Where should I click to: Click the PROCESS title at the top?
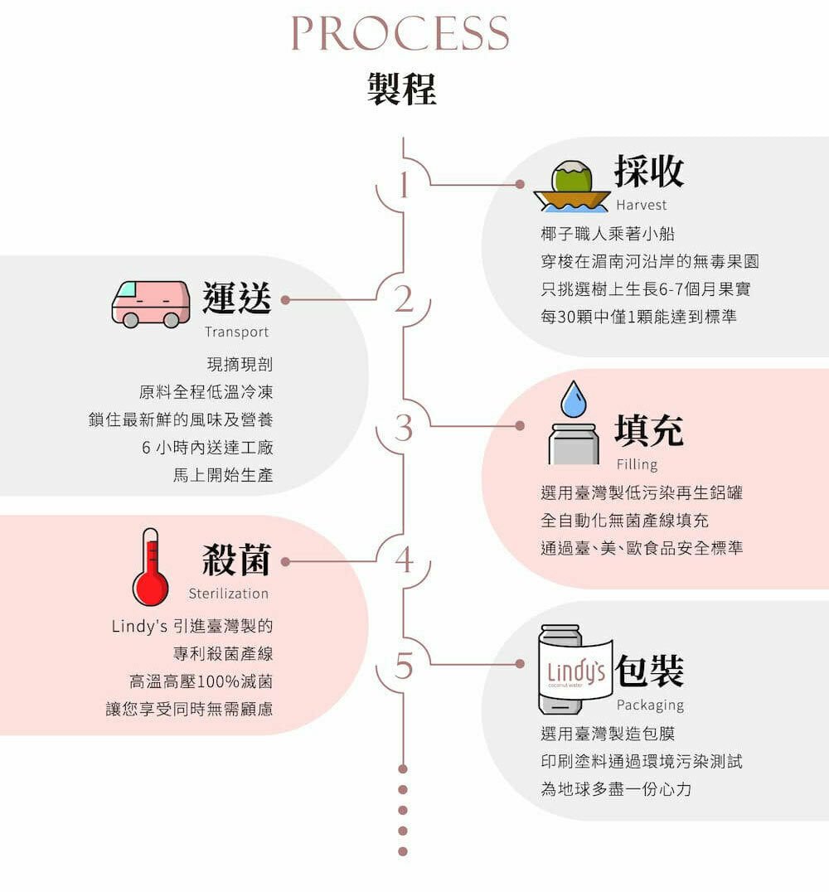click(400, 33)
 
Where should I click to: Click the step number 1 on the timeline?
click(404, 184)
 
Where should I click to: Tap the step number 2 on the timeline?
click(404, 298)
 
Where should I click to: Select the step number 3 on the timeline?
click(404, 428)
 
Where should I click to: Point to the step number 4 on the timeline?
click(404, 560)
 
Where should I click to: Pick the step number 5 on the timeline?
click(404, 666)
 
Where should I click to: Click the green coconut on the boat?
click(572, 177)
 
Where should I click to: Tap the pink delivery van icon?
click(151, 303)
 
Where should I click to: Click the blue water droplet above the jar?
click(574, 399)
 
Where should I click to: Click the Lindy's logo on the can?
click(576, 672)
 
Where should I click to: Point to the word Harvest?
click(642, 205)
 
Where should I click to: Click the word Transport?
click(237, 332)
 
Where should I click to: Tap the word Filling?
click(638, 464)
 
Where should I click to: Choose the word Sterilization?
click(229, 594)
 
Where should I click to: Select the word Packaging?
click(650, 705)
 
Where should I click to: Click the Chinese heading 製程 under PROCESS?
click(402, 89)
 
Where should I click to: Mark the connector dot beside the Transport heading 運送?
click(286, 300)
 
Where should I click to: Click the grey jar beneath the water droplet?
click(574, 444)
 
